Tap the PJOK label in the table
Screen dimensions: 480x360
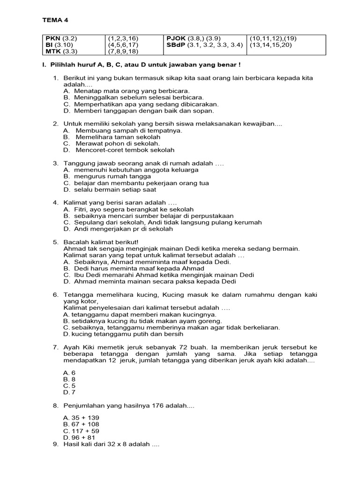coord(176,38)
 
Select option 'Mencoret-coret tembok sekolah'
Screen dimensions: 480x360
coord(125,150)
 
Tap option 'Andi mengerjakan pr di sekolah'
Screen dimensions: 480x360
coord(123,229)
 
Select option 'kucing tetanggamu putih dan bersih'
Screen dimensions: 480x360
coord(127,334)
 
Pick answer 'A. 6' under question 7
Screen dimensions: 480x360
coord(69,372)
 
